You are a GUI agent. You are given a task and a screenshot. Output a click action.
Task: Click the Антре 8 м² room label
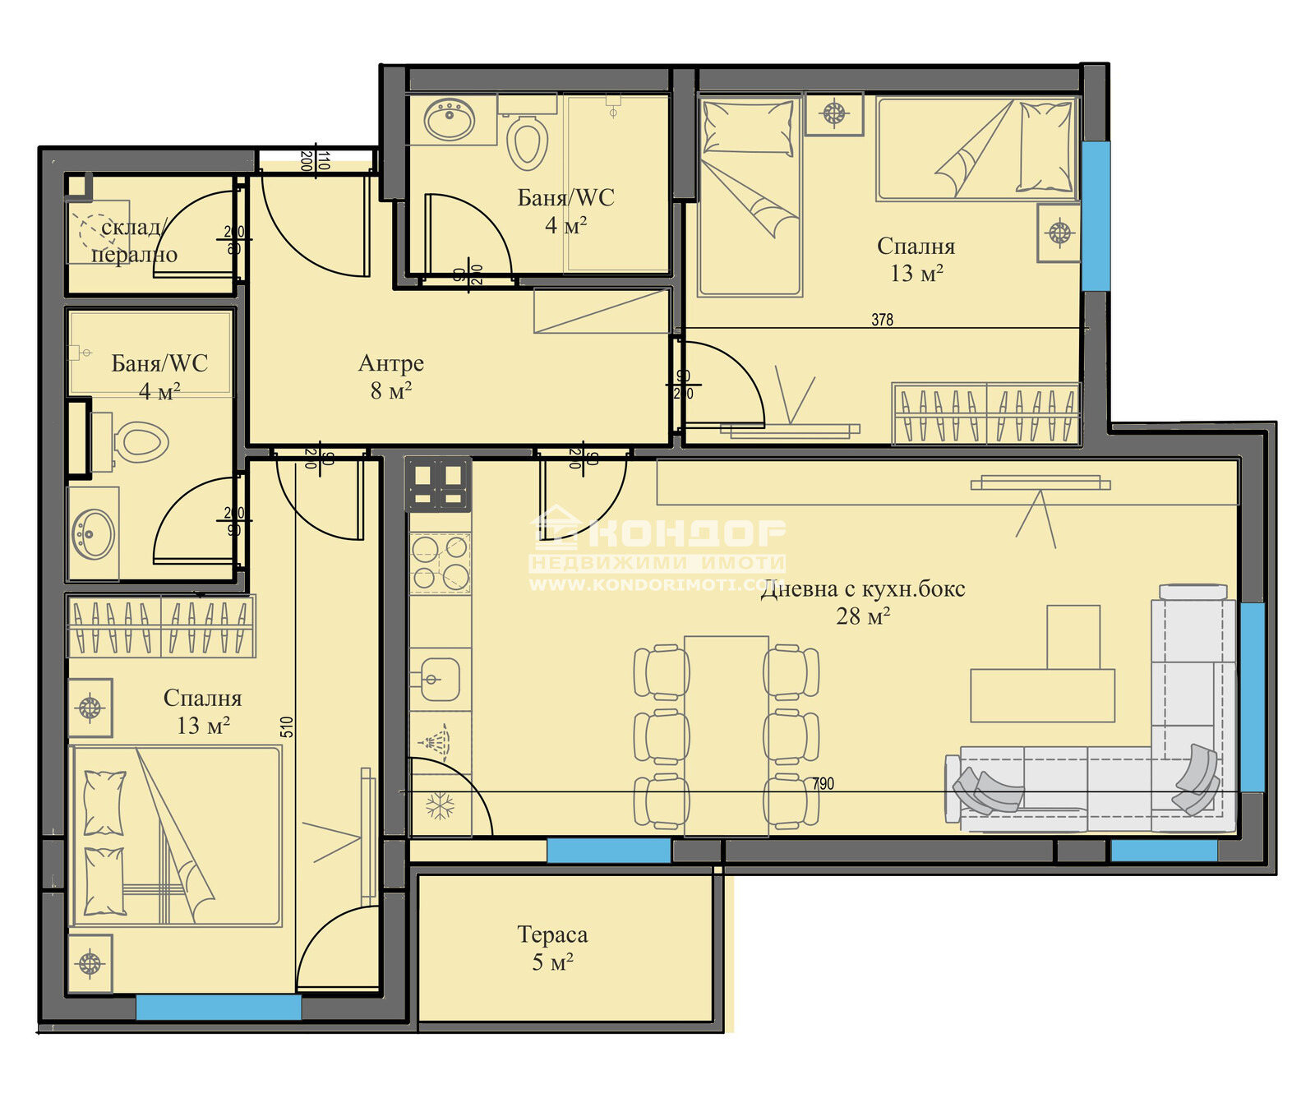tap(391, 376)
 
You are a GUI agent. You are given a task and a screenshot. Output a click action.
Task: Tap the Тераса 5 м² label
tap(552, 948)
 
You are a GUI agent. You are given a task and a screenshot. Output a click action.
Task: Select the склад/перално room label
tap(134, 241)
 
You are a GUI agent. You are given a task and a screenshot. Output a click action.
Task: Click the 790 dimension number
tap(823, 783)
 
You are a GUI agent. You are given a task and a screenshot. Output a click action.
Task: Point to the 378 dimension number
tap(882, 320)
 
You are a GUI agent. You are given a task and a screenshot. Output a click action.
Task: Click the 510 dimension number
tap(287, 727)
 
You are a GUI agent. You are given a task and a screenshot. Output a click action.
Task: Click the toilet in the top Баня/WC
tap(527, 141)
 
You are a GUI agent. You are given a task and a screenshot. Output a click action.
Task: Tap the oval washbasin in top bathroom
tap(449, 120)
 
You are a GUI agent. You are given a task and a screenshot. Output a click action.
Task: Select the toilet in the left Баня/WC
tap(141, 442)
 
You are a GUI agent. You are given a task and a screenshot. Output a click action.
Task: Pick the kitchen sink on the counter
tap(439, 679)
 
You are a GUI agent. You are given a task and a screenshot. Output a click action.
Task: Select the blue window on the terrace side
tap(608, 850)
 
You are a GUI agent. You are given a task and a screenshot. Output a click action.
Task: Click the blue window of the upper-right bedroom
tap(1095, 215)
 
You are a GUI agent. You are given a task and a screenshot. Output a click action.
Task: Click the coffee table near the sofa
tap(1042, 694)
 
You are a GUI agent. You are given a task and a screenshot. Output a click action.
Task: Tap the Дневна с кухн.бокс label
tap(863, 602)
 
